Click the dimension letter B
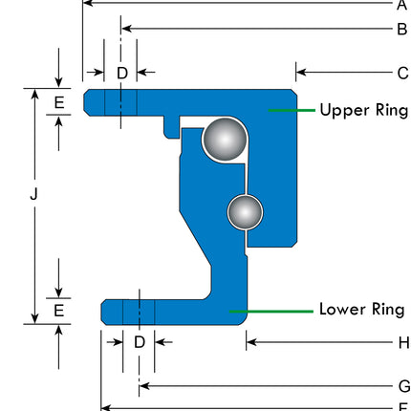401,29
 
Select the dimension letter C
401,72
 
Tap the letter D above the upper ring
121,73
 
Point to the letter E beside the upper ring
58,102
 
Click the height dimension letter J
34,194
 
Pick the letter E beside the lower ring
58,311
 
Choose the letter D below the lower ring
140,341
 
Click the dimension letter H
402,341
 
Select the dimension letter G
402,386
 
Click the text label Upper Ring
363,110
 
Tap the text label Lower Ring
361,310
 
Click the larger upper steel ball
224,139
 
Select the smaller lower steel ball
245,211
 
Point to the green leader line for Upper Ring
292,111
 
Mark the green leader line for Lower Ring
272,311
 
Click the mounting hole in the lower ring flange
140,311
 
